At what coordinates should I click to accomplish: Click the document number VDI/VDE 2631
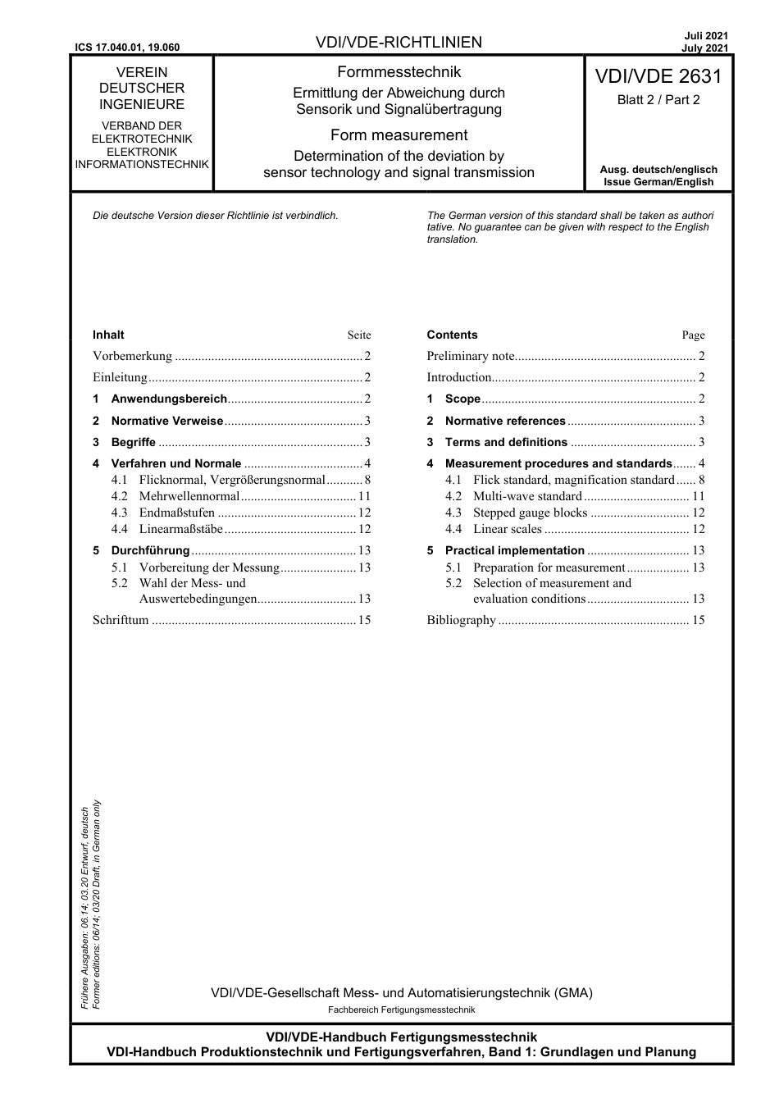[x=658, y=77]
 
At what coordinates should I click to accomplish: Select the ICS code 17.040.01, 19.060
[x=126, y=48]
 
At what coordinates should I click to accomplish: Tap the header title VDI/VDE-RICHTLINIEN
[x=399, y=43]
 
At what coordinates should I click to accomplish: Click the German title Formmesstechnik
[x=399, y=72]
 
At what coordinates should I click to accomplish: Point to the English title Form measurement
[x=399, y=135]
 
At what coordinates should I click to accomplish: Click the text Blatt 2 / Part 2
[x=658, y=100]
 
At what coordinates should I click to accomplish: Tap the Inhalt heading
[x=108, y=335]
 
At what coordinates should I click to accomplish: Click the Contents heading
[x=452, y=335]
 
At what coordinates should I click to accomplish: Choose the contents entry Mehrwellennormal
[x=189, y=496]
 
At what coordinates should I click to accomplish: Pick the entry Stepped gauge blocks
[x=530, y=513]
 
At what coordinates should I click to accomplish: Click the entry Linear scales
[x=507, y=529]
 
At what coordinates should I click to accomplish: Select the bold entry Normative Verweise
[x=166, y=421]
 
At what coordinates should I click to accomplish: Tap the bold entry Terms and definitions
[x=506, y=442]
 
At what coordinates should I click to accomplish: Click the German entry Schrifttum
[x=121, y=620]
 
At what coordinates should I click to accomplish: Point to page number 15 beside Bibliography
[x=698, y=620]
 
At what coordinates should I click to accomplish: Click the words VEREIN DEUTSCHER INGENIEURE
[x=142, y=89]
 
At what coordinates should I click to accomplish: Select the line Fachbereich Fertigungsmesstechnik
[x=401, y=1010]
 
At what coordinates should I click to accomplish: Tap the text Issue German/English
[x=658, y=182]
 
